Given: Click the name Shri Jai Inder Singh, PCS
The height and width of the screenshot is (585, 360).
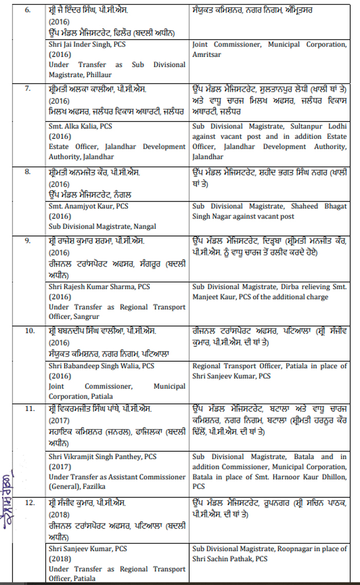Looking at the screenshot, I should [87, 45].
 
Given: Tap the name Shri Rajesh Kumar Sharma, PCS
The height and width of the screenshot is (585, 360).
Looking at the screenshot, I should [98, 287].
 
